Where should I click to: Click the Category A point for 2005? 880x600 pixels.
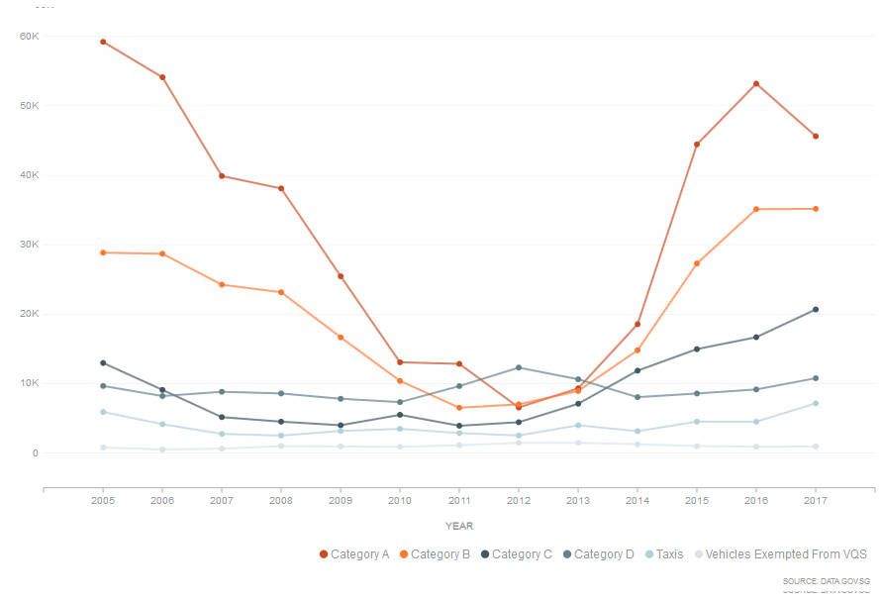[103, 42]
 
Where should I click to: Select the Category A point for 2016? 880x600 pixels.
[756, 83]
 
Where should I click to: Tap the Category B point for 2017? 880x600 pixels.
[816, 209]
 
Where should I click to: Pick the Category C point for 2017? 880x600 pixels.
[816, 310]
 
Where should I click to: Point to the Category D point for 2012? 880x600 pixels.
[519, 367]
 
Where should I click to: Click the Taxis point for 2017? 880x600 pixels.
[816, 403]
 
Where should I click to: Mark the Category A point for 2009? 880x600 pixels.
[341, 276]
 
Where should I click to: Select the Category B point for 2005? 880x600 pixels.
[103, 252]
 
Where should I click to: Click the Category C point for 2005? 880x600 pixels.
[103, 362]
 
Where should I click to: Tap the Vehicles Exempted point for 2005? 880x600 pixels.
[103, 448]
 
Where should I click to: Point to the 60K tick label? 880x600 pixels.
[29, 36]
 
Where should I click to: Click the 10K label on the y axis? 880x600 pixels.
[29, 383]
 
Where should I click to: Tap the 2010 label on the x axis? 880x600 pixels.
[400, 502]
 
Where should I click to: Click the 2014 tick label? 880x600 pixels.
[637, 502]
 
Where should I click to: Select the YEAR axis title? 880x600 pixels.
[459, 526]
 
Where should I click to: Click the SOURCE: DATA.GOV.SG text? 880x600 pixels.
[826, 580]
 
